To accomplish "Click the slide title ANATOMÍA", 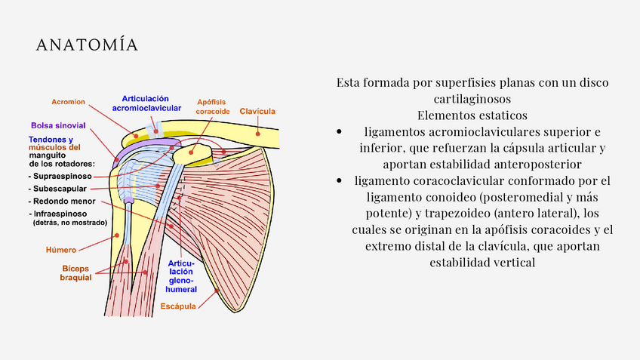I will [88, 46].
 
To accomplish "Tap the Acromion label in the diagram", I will [68, 102].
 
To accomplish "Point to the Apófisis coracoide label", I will [213, 106].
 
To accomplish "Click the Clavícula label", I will [257, 111].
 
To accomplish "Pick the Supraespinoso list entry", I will [61, 175].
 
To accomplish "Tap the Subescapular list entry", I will [59, 188].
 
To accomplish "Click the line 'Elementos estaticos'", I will [472, 115].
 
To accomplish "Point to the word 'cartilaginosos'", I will [472, 99].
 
